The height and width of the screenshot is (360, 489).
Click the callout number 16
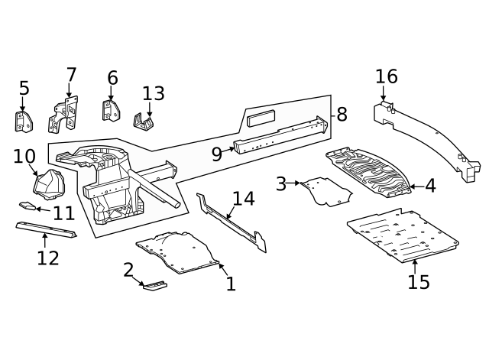point(386,76)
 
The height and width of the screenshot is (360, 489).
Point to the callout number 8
point(342,115)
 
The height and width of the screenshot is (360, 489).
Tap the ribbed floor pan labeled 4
point(371,173)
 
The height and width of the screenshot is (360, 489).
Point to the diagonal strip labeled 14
point(233,223)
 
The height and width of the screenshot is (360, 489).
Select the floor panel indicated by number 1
point(177,252)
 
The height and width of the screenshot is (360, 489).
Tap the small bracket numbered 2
point(155,286)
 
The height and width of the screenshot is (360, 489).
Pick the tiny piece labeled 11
point(27,205)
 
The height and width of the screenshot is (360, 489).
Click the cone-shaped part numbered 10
point(50,185)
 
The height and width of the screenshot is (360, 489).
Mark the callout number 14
point(243,199)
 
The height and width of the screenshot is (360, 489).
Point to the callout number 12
point(47,258)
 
